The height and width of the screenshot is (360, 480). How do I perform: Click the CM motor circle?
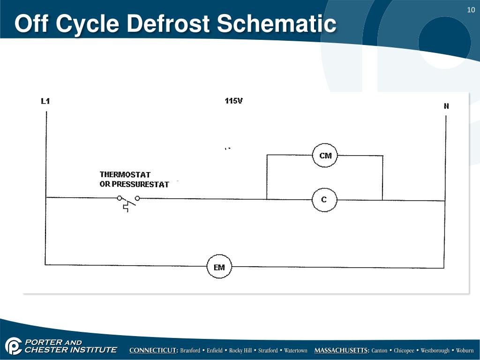(325, 156)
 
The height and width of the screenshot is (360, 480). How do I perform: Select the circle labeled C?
(324, 200)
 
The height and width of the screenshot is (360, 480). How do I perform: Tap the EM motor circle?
(219, 267)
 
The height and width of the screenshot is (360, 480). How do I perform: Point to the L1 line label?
(45, 101)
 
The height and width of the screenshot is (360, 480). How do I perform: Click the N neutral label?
(446, 106)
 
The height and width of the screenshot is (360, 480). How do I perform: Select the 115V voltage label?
(234, 101)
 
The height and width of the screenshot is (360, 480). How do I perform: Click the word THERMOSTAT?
(125, 175)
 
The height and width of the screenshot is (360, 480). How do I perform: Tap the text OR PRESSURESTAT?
(134, 184)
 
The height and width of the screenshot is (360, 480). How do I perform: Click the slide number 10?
(471, 11)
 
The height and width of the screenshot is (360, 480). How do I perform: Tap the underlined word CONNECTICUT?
(154, 351)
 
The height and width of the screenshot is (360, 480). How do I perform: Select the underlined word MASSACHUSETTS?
(342, 351)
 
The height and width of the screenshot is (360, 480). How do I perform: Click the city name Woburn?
(465, 351)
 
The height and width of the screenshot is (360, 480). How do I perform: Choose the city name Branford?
(191, 351)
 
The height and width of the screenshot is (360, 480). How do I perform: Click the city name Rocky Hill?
(240, 351)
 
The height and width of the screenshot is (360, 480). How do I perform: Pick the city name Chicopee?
(404, 351)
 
